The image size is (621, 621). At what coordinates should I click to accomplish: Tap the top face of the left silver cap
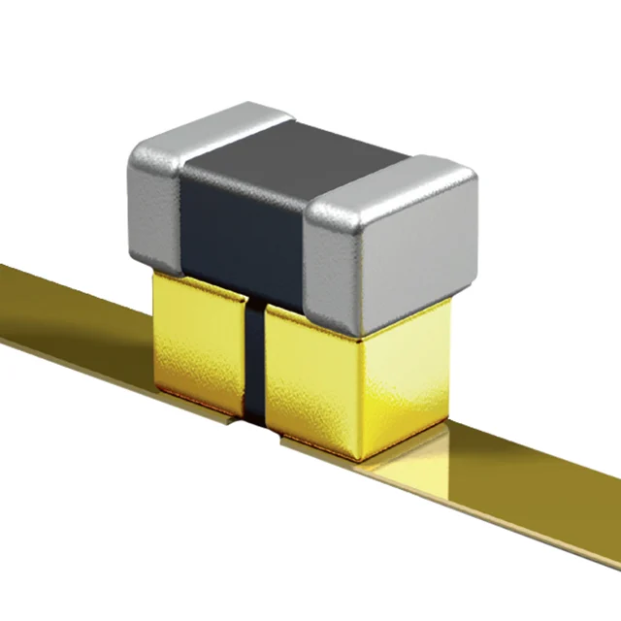coord(209,126)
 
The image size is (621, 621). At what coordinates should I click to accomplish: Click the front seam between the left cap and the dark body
coord(181,223)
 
